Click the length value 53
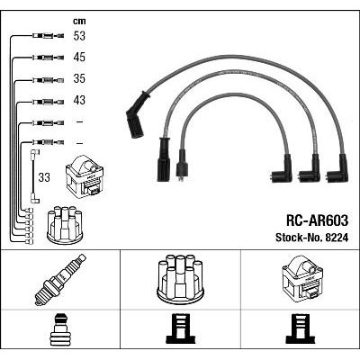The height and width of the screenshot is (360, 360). [x=79, y=36]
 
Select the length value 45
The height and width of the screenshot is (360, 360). [x=79, y=58]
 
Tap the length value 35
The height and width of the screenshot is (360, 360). [x=79, y=78]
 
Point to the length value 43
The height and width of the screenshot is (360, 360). [x=79, y=100]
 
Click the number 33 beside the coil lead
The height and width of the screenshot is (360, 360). [x=44, y=177]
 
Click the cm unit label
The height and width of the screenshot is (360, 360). [x=79, y=21]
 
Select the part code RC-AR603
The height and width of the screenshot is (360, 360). [x=318, y=221]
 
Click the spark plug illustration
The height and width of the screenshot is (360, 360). [x=60, y=280]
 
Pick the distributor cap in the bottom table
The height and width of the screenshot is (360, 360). [x=180, y=278]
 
